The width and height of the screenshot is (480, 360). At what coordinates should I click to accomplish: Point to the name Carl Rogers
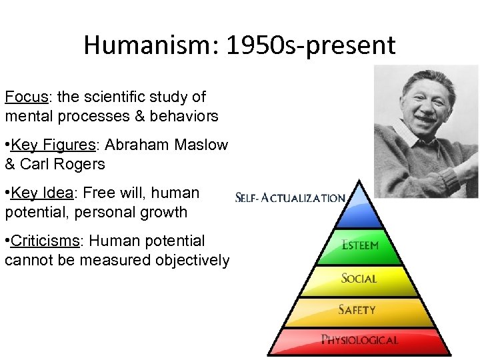coord(61,164)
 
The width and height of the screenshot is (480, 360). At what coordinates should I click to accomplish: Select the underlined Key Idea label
coord(42,193)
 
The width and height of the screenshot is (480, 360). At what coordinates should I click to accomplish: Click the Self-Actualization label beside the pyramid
coord(291,198)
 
